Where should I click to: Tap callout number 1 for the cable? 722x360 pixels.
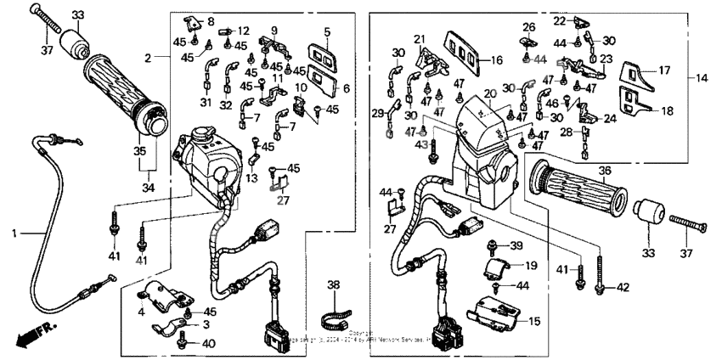[x=14, y=231]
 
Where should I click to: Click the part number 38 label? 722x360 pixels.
[x=333, y=285]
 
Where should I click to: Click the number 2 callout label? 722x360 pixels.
[x=148, y=58]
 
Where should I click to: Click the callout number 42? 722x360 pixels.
[x=624, y=288]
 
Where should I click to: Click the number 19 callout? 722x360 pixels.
[x=532, y=265]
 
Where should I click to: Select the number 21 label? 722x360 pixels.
[x=419, y=39]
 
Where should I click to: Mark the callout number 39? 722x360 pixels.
[x=516, y=245]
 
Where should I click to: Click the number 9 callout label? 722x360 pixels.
[x=274, y=31]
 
